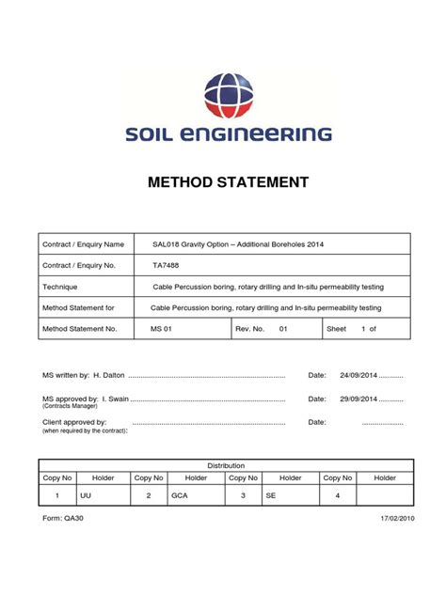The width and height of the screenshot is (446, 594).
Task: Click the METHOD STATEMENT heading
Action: [229, 182]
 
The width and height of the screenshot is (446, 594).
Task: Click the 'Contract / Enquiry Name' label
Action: [84, 244]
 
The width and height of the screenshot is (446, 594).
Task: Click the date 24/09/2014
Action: [358, 375]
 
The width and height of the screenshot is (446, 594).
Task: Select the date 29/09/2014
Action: [358, 399]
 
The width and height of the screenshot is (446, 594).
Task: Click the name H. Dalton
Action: [109, 375]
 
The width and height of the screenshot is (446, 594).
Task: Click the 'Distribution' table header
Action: [226, 465]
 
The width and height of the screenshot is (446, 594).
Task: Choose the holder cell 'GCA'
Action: [180, 493]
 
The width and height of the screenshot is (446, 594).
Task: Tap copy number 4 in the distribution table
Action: [337, 493]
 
